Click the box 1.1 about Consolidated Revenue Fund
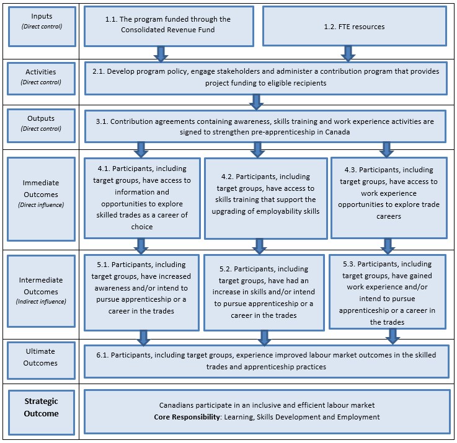(x=168, y=26)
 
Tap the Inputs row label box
(x=41, y=26)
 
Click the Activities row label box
(x=41, y=76)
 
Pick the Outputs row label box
(x=41, y=123)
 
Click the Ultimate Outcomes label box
(x=41, y=357)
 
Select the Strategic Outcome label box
(x=41, y=408)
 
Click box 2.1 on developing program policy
(x=265, y=77)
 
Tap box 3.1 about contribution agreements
(x=265, y=126)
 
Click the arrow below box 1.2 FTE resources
(x=348, y=53)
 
